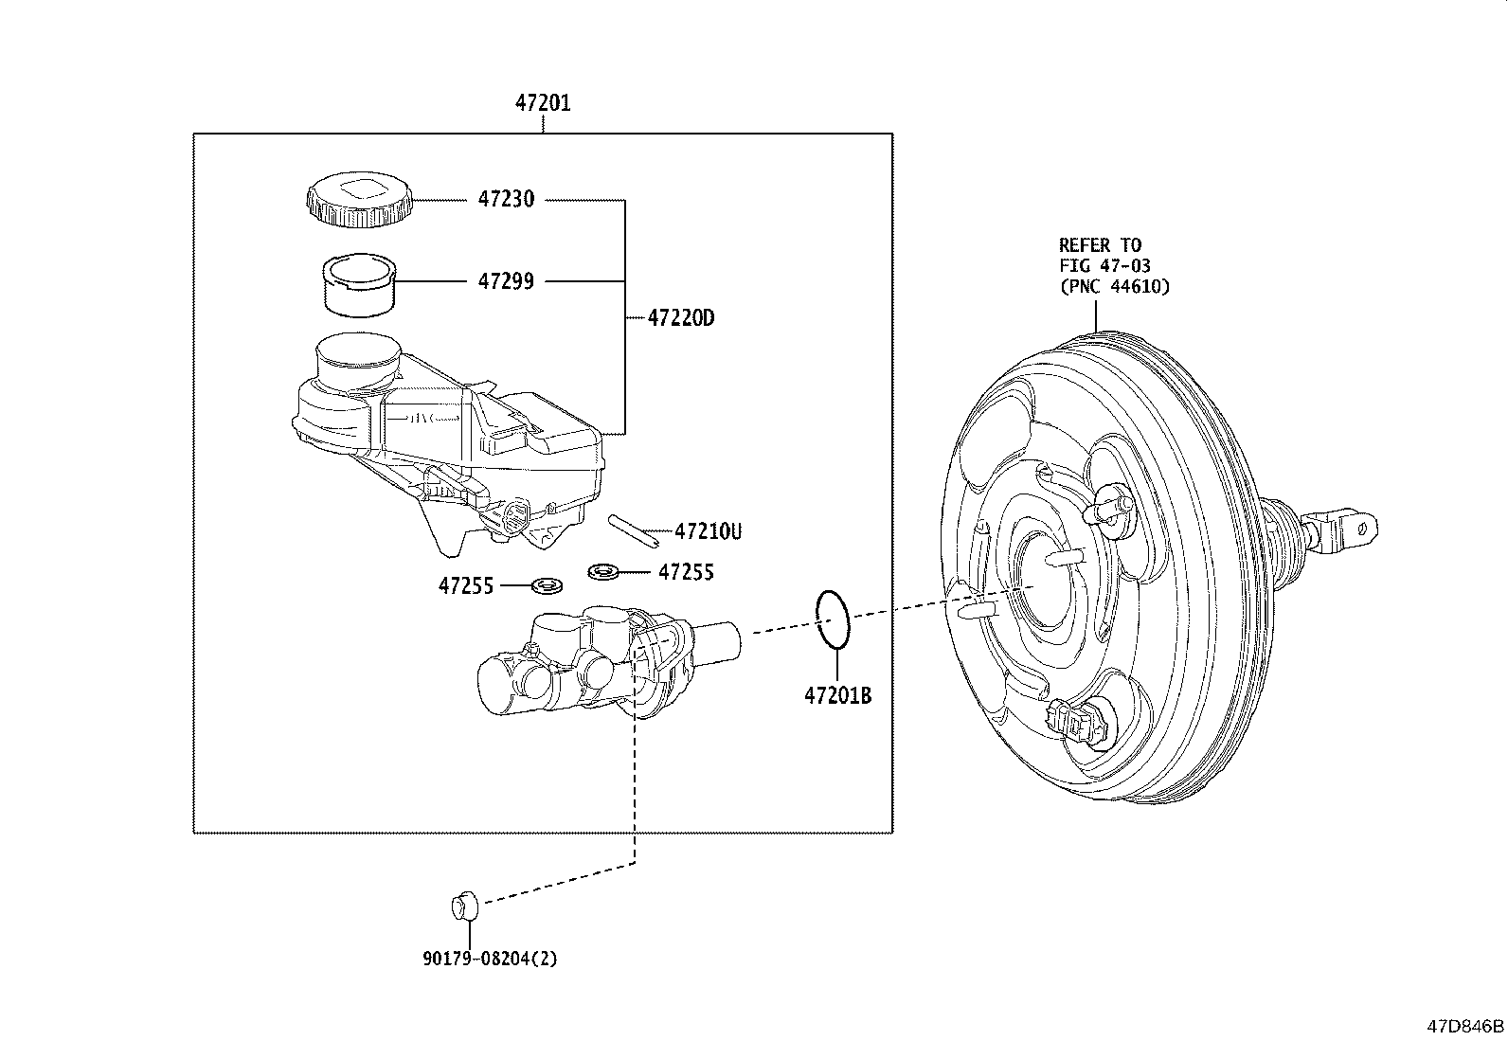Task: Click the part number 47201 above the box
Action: click(543, 103)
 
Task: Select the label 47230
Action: click(506, 199)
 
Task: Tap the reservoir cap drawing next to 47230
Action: click(358, 199)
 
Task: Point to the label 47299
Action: click(506, 280)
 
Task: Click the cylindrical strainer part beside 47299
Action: click(359, 285)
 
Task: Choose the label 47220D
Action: click(681, 318)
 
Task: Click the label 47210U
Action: click(709, 532)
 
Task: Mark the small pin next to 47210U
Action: click(633, 531)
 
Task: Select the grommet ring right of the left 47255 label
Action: click(548, 585)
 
